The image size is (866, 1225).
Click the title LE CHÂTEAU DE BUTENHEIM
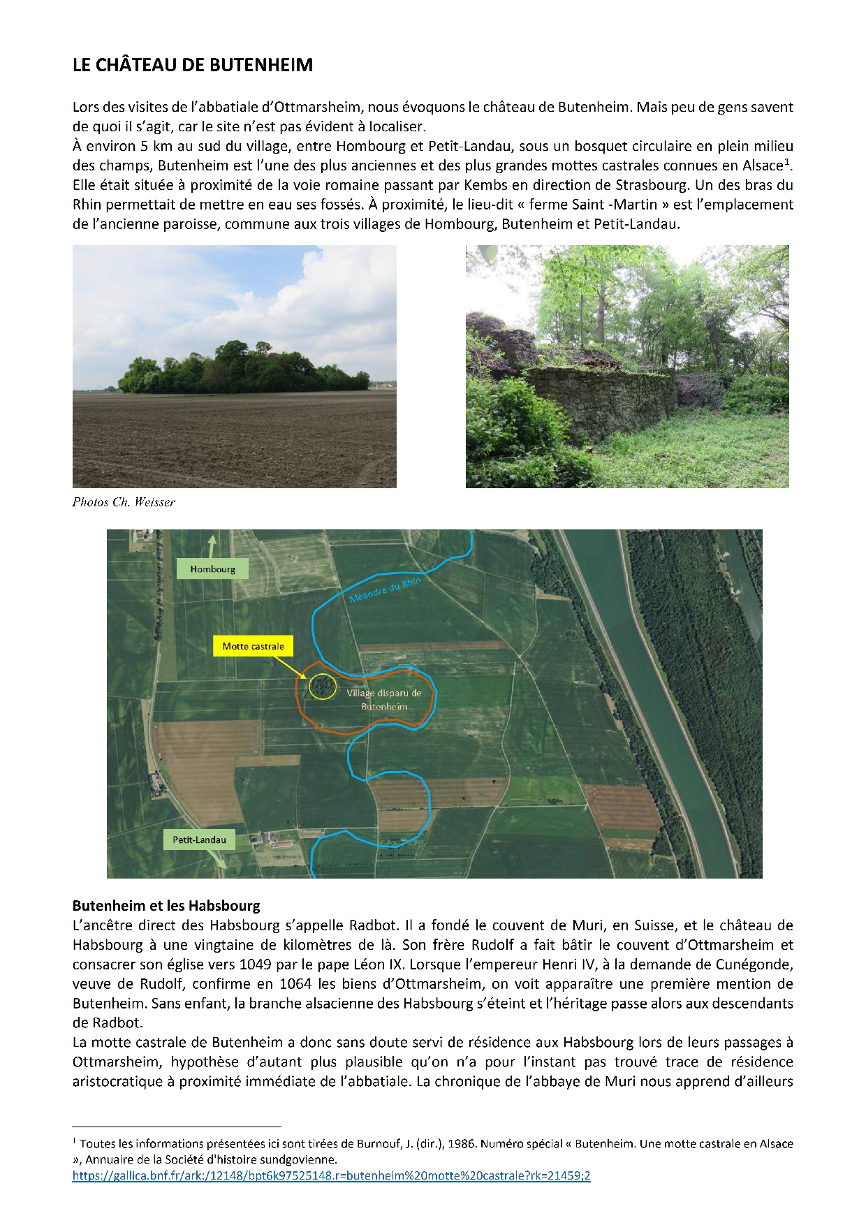193,65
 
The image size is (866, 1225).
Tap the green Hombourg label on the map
212,569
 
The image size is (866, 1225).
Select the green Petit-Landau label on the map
199,839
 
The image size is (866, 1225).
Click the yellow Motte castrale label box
253,646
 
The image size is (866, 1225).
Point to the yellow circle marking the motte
322,687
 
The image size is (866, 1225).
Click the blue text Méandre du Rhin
385,590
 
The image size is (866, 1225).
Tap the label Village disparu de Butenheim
384,700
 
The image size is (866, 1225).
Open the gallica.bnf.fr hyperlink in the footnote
331,1175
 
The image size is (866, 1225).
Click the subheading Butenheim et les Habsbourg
166,906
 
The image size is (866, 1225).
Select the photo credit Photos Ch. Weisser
124,502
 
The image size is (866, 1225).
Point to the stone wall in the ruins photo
601,398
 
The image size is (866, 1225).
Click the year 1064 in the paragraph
295,984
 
